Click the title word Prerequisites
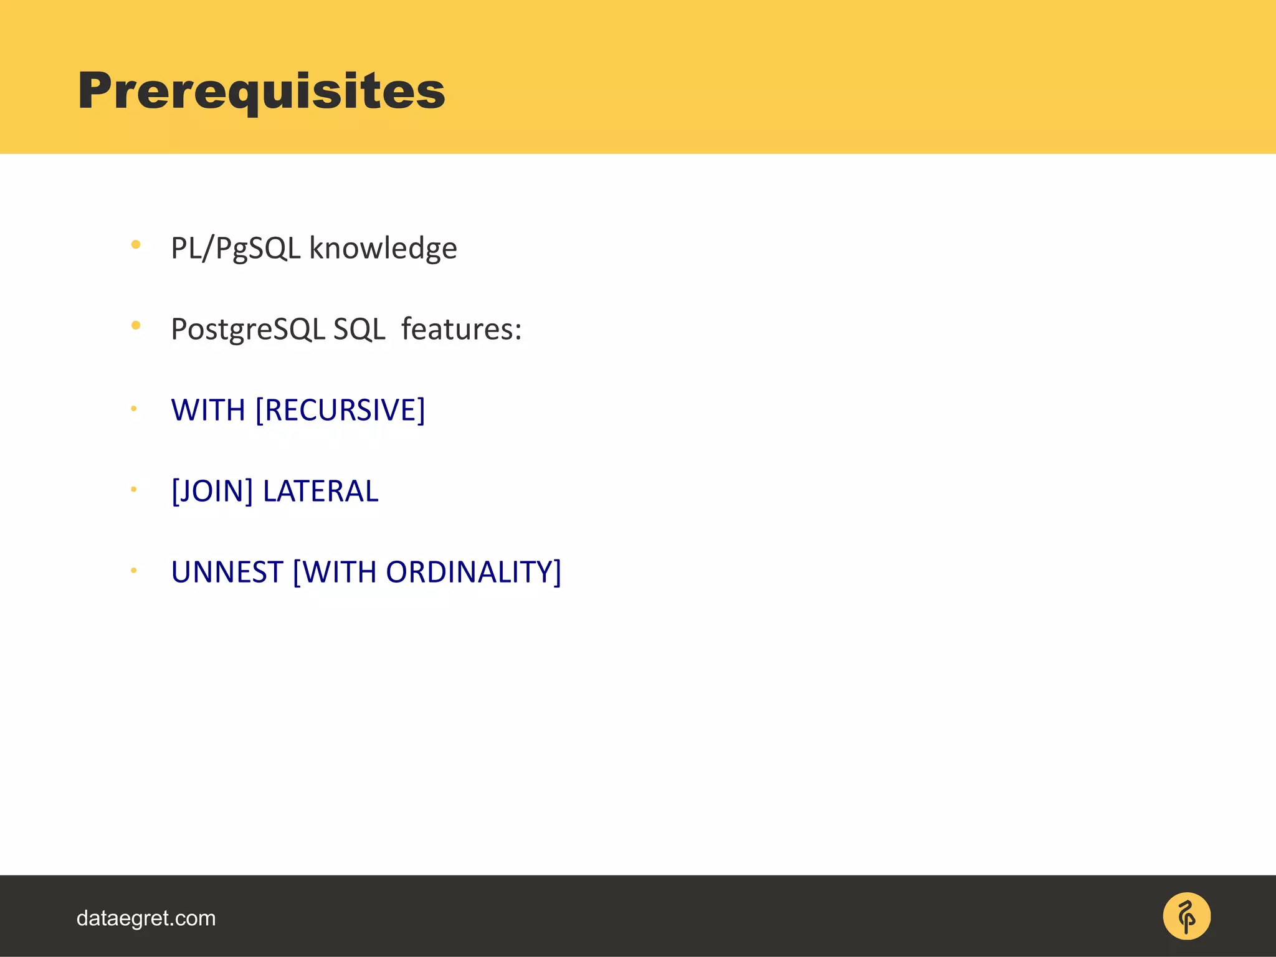tap(261, 91)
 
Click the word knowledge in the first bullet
tap(383, 248)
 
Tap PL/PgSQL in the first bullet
tap(236, 248)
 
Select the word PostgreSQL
tap(247, 330)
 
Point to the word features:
tap(461, 329)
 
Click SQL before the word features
tap(359, 329)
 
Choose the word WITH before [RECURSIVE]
tap(208, 410)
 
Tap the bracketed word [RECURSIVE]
tap(340, 410)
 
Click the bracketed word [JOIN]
tap(212, 491)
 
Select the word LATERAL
tap(320, 491)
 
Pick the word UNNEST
tap(227, 572)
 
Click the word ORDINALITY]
tap(474, 572)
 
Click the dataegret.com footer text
tap(146, 918)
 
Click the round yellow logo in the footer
tap(1186, 917)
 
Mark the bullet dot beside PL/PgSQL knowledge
tap(136, 245)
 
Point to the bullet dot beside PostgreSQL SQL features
tap(136, 325)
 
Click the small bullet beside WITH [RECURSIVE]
tap(133, 409)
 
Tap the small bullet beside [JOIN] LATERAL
tap(133, 490)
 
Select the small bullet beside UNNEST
tap(133, 570)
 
